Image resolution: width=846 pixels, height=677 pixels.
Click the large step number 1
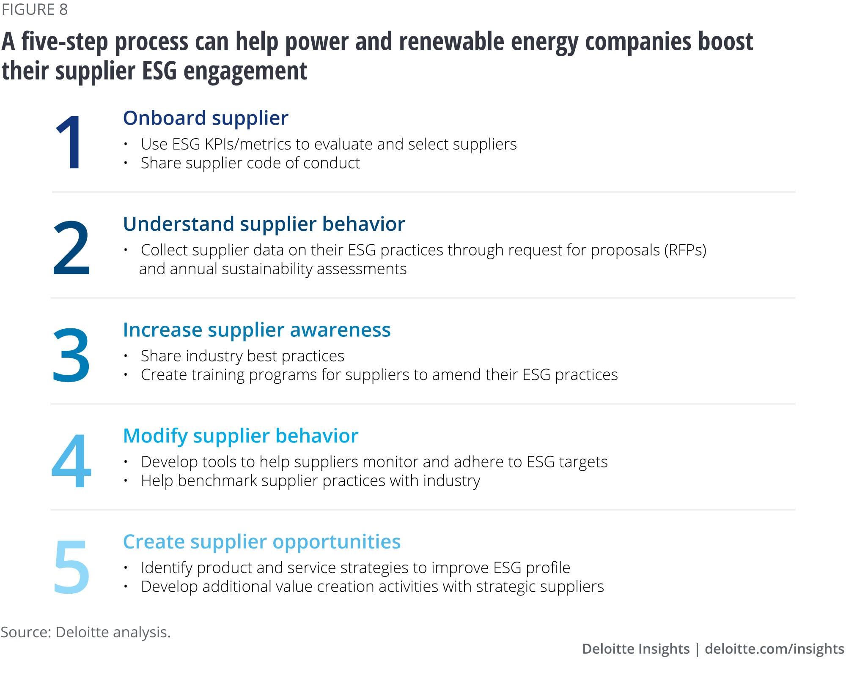pos(69,142)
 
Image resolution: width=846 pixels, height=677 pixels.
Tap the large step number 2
pos(71,248)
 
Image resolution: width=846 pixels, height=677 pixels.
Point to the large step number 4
pos(71,461)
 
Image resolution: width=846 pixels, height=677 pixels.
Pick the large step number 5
pos(71,567)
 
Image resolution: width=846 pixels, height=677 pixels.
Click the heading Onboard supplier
pos(206,118)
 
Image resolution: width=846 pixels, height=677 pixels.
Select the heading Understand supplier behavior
pos(264,224)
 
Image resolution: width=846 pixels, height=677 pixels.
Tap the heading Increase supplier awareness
pos(257,330)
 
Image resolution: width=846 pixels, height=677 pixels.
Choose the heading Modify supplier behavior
pos(241,436)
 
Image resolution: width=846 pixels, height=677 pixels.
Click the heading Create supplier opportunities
pos(262,542)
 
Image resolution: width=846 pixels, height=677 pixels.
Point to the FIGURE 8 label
pos(35,9)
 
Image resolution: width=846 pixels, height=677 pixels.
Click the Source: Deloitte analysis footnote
pos(85,632)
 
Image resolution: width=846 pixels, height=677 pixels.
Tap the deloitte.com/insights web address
pos(775,649)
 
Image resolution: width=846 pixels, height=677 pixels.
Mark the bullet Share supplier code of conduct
pos(250,163)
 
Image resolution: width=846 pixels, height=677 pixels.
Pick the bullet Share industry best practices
pos(242,356)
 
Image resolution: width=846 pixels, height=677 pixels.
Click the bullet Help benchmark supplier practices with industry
pos(310,481)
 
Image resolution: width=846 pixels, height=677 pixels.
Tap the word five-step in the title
pos(63,42)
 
